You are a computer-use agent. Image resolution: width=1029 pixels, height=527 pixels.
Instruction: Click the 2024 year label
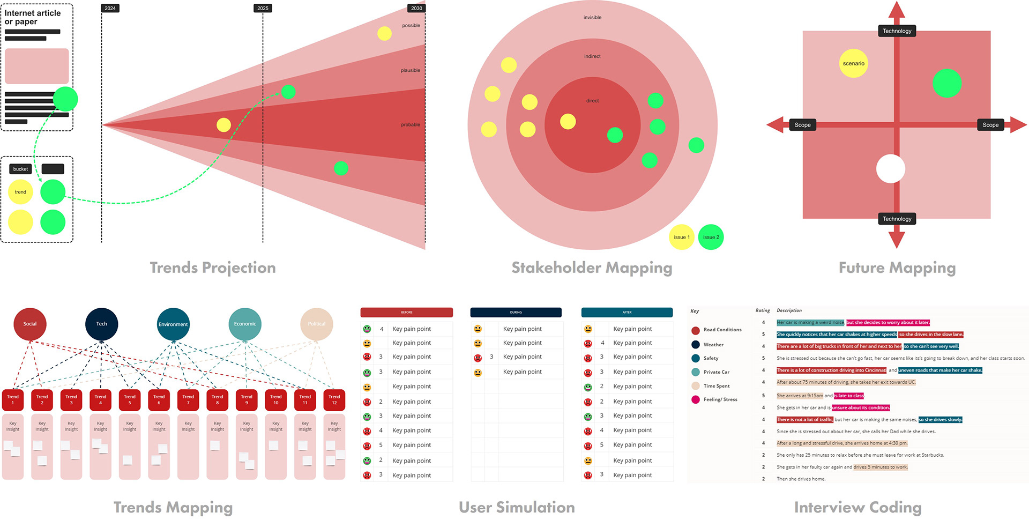(110, 8)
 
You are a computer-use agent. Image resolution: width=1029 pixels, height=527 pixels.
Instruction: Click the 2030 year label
(416, 8)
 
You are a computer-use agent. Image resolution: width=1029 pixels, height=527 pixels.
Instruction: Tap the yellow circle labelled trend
(20, 192)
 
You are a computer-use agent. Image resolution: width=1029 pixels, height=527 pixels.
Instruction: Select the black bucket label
(20, 169)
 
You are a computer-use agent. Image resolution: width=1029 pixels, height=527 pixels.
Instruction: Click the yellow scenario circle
(853, 63)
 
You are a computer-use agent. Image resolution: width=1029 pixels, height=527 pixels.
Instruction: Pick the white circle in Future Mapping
(890, 168)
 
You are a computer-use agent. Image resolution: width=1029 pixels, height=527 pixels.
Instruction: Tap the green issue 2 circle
(711, 237)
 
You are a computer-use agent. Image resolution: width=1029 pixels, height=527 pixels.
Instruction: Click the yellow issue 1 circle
(682, 237)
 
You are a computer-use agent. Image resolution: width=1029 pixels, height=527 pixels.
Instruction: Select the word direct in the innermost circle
(592, 101)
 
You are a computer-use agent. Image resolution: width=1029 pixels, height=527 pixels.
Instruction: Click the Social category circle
(30, 324)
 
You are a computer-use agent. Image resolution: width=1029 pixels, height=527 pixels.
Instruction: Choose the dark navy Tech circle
(101, 324)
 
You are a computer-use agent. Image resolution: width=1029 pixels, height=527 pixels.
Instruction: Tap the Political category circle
(316, 324)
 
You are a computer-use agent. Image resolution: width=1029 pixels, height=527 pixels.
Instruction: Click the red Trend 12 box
(334, 400)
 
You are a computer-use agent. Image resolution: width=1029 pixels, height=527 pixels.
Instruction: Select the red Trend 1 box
(13, 400)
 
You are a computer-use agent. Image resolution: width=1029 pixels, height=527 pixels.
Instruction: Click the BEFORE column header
(406, 312)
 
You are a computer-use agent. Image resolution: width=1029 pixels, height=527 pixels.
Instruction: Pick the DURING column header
(516, 312)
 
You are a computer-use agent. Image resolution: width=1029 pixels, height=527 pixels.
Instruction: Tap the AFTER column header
(627, 312)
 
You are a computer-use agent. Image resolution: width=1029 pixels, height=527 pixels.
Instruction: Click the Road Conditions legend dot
(696, 330)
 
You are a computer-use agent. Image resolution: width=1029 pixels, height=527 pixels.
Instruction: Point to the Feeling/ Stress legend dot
(696, 399)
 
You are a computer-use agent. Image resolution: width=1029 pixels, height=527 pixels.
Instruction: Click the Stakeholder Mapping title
(592, 268)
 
